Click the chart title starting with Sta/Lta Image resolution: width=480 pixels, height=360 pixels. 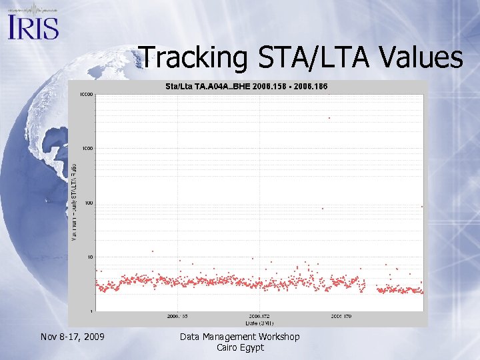(x=246, y=87)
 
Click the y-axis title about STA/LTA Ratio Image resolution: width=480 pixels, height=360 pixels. (x=74, y=201)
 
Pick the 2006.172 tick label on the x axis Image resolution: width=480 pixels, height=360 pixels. (x=259, y=317)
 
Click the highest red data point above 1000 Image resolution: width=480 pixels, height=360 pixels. (x=329, y=118)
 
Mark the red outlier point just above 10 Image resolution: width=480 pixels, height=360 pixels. (x=153, y=251)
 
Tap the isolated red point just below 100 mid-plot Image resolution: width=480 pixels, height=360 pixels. (x=323, y=209)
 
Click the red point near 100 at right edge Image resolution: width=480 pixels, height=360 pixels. (x=422, y=207)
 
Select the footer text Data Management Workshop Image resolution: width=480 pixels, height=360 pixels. (x=240, y=337)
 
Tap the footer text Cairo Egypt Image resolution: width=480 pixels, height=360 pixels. (x=240, y=347)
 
